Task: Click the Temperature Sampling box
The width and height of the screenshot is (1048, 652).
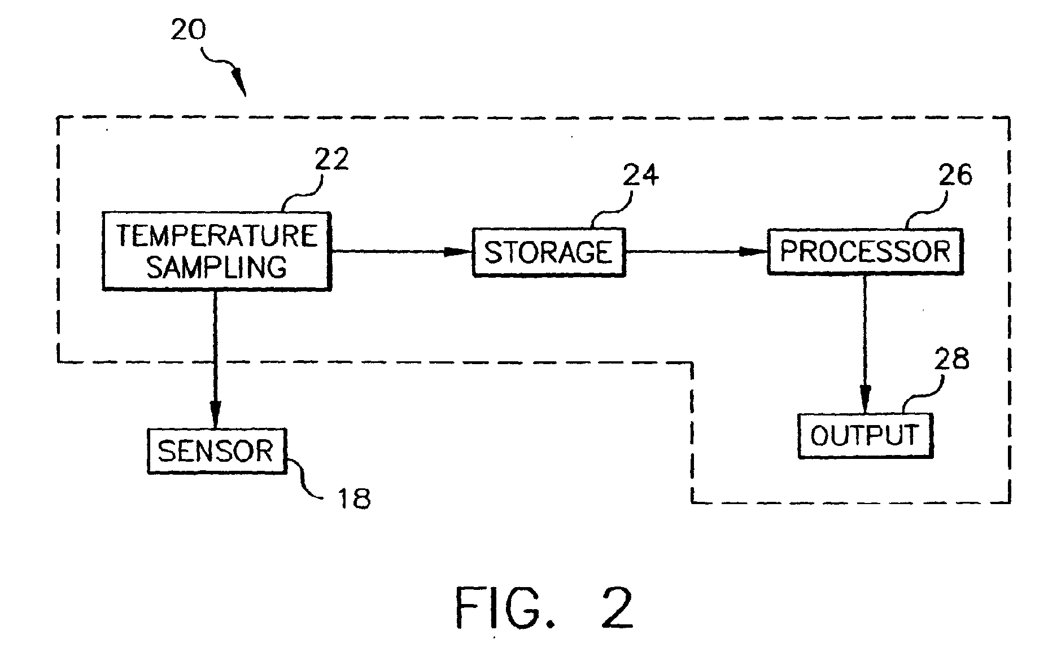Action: tap(216, 251)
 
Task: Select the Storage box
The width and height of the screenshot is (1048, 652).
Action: tap(549, 252)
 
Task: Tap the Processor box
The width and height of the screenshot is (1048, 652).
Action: tap(865, 251)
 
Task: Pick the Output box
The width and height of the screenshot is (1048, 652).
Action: tap(865, 435)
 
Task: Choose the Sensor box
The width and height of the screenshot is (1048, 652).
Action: tap(217, 451)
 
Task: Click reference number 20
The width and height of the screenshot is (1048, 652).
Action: tap(189, 29)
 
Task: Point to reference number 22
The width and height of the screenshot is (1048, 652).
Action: tap(332, 159)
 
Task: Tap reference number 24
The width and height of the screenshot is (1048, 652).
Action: tap(641, 175)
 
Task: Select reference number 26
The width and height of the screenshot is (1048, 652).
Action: tap(955, 175)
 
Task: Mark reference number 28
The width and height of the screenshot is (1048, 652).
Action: tap(952, 359)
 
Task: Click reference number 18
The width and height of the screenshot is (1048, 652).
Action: tap(353, 498)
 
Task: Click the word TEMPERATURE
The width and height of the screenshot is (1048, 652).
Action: tap(217, 236)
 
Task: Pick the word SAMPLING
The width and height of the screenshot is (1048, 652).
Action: tap(217, 267)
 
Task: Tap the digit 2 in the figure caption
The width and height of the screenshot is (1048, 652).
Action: tap(617, 609)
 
